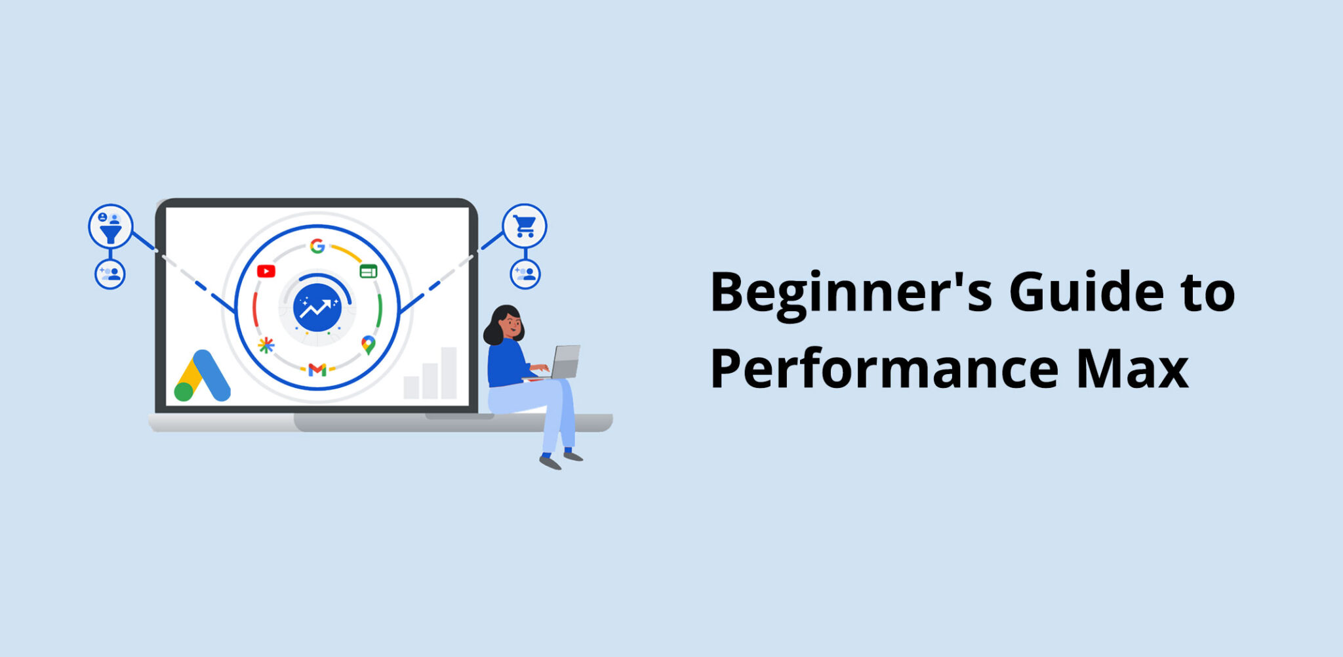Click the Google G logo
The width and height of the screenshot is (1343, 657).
coord(317,246)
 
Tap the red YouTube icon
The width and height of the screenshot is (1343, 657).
coord(266,271)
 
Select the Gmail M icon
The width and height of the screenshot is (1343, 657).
coord(317,370)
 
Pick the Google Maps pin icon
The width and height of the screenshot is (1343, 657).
coord(369,345)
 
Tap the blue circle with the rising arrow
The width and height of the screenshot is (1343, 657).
coord(317,308)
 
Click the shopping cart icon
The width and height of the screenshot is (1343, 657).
coord(525,226)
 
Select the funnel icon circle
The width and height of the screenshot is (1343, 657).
coord(111,226)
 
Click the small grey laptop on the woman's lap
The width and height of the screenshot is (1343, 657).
coord(565,362)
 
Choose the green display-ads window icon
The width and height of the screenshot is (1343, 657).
coord(369,271)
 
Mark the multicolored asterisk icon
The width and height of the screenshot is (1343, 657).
coord(266,345)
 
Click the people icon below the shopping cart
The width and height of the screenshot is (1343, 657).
coord(525,274)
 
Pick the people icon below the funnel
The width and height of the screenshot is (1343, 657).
coord(110,274)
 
